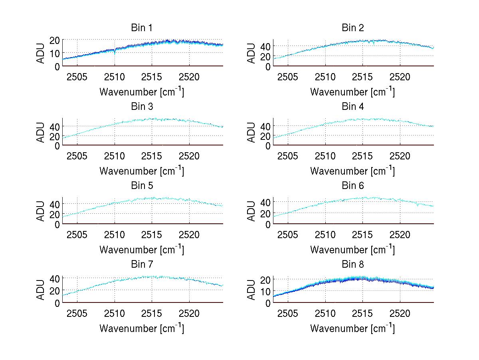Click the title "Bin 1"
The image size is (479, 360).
(x=142, y=28)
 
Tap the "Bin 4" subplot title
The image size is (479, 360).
(x=352, y=107)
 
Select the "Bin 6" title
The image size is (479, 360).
(x=352, y=186)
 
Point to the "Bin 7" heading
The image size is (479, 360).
(x=142, y=265)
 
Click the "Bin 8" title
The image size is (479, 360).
(x=352, y=265)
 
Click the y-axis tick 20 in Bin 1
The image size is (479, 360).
(x=55, y=40)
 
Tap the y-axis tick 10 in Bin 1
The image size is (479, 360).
(x=55, y=53)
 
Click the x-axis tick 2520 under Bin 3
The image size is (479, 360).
(x=189, y=155)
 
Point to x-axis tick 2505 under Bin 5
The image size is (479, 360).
(x=77, y=234)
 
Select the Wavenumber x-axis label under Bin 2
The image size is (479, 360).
(x=352, y=92)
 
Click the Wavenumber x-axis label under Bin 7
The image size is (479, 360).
(x=142, y=328)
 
